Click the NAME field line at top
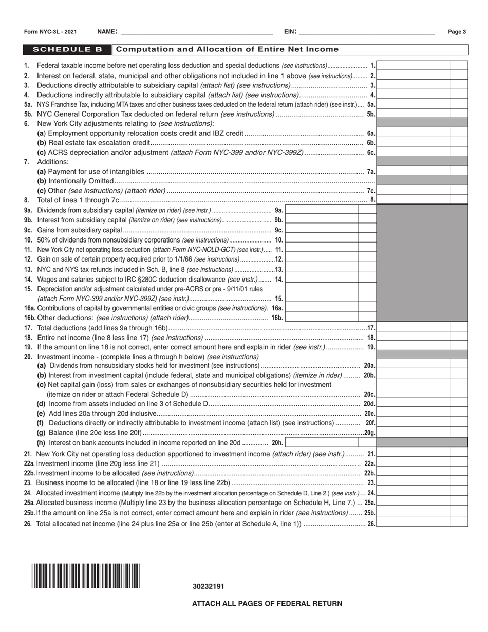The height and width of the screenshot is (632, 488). click(195, 32)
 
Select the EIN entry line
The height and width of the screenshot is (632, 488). click(366, 32)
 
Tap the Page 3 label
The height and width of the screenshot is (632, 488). click(457, 32)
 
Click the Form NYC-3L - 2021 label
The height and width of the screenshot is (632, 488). click(50, 32)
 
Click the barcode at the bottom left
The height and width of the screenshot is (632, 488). click(85, 575)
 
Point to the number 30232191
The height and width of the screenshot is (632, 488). click(208, 586)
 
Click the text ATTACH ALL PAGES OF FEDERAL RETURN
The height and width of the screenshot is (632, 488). click(267, 603)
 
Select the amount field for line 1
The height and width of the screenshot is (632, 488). click(414, 65)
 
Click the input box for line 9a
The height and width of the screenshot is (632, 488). click(321, 210)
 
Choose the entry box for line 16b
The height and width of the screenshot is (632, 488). click(321, 318)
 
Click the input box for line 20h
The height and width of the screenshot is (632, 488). click(321, 442)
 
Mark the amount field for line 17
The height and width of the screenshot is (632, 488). click(414, 327)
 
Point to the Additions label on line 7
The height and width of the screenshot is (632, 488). click(53, 162)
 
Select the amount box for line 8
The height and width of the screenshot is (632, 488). click(414, 199)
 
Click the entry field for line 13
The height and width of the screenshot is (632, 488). click(321, 269)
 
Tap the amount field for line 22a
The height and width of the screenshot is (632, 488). click(414, 463)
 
